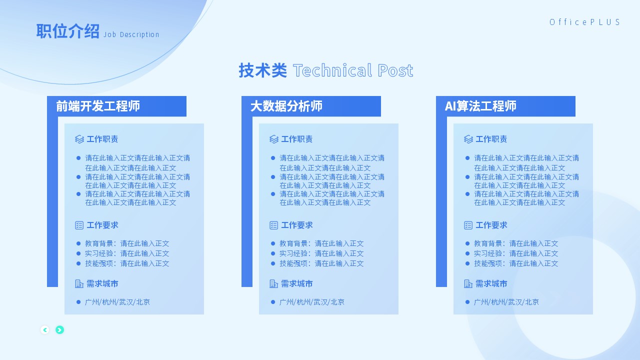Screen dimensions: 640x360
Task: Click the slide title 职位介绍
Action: (x=67, y=31)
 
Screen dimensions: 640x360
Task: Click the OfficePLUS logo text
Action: (x=584, y=22)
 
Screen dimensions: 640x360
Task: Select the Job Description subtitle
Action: (x=131, y=34)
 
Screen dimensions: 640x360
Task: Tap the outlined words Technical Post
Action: (x=353, y=70)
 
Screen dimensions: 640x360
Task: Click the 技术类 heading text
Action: (x=263, y=70)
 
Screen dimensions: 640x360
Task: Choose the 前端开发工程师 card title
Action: (x=97, y=106)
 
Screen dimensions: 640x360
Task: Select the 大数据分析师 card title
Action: (x=286, y=106)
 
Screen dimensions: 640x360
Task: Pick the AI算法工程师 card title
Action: (x=480, y=106)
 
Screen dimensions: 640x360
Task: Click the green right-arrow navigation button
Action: (x=59, y=330)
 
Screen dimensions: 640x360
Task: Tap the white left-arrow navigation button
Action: (x=45, y=330)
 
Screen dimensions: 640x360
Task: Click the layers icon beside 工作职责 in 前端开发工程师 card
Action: (x=79, y=139)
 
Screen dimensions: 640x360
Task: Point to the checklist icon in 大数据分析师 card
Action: (x=273, y=225)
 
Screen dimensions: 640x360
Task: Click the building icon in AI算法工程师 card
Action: (x=468, y=283)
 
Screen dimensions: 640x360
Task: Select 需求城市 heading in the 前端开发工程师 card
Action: (x=102, y=283)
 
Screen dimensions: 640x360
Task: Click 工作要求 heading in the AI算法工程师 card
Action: (x=491, y=225)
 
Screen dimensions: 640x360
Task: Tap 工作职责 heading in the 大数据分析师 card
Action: (x=297, y=139)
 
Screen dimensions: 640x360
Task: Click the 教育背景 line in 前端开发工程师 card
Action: (x=127, y=243)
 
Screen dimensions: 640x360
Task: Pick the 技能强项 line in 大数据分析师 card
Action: (x=321, y=263)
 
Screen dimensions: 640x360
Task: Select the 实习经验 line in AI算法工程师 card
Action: (x=516, y=253)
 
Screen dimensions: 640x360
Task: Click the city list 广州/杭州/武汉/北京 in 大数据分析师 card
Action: (x=312, y=302)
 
